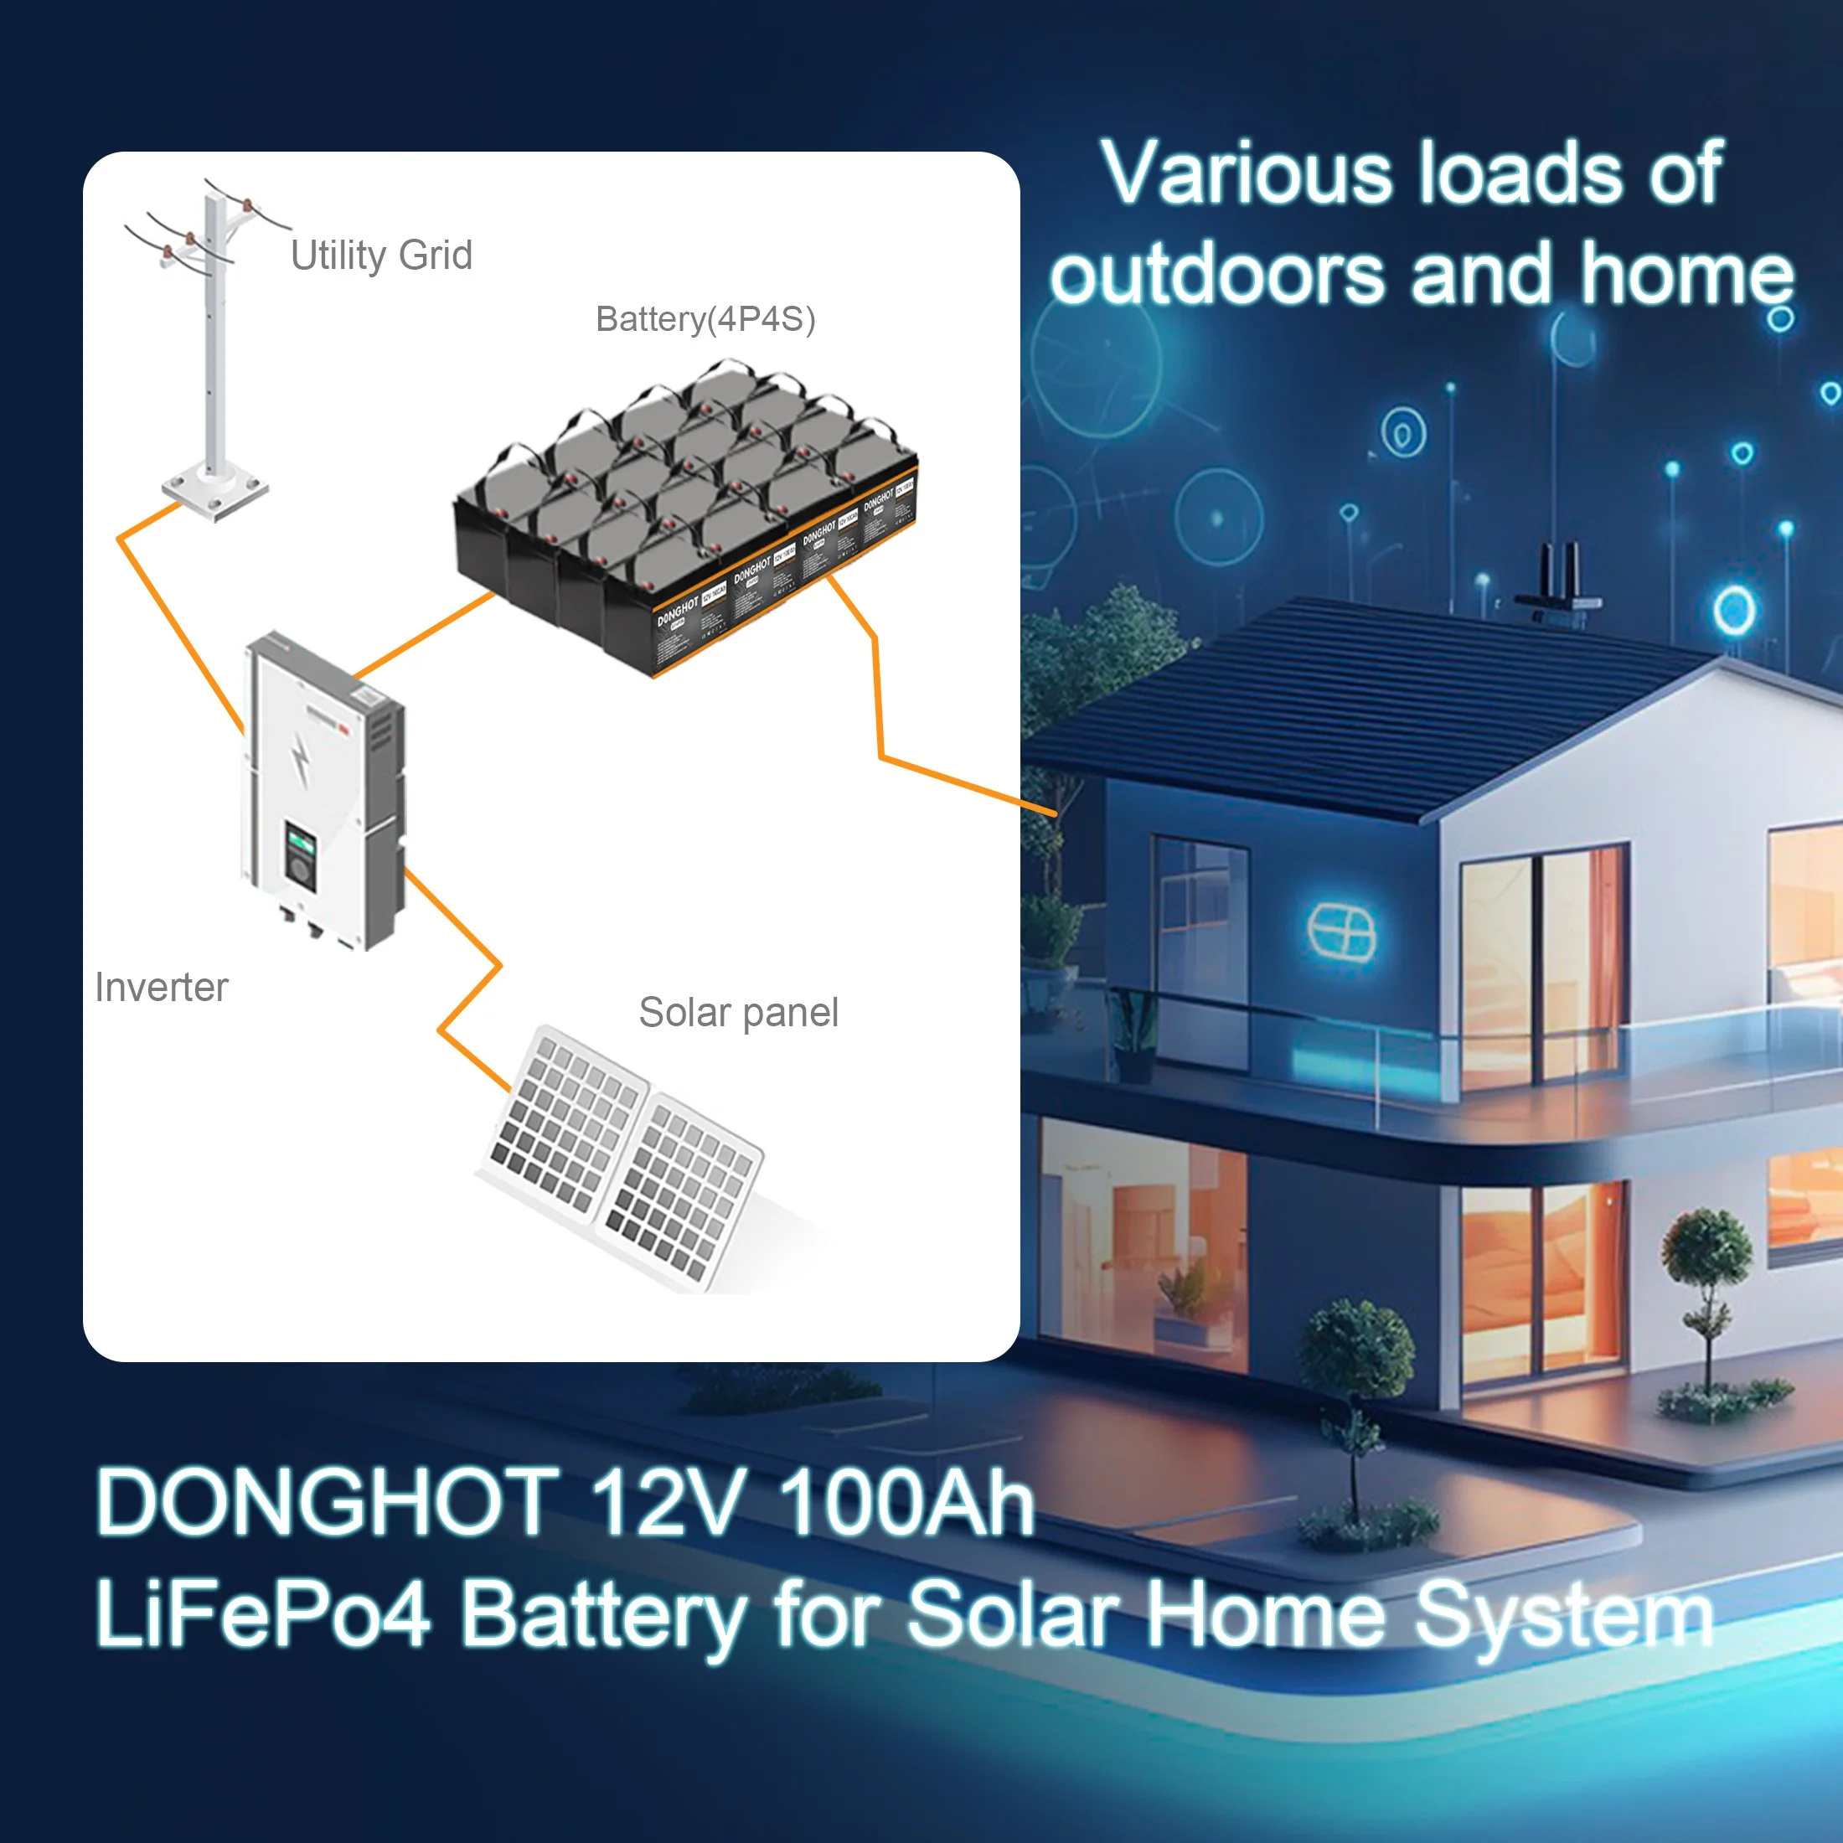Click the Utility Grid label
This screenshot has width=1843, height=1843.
click(x=381, y=256)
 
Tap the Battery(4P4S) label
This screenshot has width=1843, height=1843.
click(x=705, y=318)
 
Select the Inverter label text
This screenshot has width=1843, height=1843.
click(x=161, y=988)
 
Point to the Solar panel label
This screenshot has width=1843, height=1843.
click(x=738, y=1012)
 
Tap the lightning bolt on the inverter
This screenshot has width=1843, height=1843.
click(x=301, y=758)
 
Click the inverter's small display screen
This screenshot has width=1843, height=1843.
click(x=302, y=844)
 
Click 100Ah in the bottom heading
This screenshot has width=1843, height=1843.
click(x=906, y=1502)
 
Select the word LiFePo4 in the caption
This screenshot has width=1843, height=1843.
click(x=263, y=1612)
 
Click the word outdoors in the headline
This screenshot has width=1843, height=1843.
click(x=1216, y=275)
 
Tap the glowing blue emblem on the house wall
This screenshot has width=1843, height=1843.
click(x=1340, y=930)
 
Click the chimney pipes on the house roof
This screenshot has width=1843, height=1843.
click(x=1559, y=572)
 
